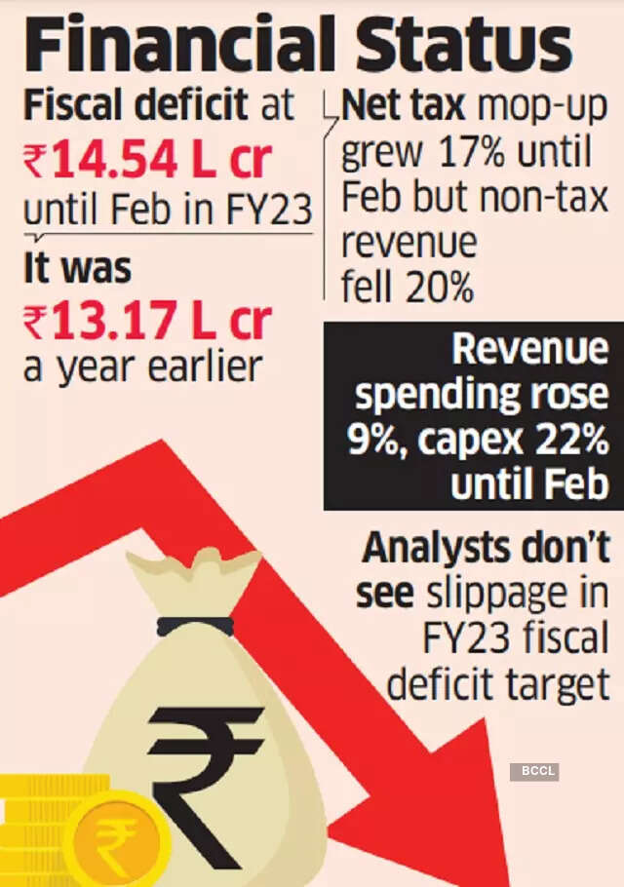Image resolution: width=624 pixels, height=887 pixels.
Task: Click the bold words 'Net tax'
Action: tap(400, 105)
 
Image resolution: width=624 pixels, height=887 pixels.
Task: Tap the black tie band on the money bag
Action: tap(195, 625)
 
